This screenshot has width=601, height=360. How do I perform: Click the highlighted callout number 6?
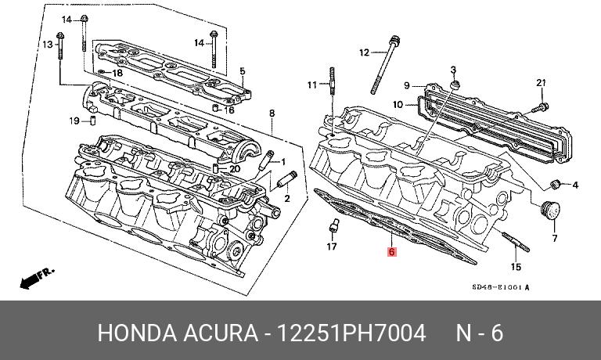pyautogui.click(x=392, y=253)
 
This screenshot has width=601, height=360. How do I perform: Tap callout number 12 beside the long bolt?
pyautogui.click(x=364, y=52)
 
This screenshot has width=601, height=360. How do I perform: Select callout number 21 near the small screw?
pyautogui.click(x=541, y=83)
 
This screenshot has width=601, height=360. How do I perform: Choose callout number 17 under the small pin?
pyautogui.click(x=332, y=247)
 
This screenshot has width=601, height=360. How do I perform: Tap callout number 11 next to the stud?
pyautogui.click(x=311, y=84)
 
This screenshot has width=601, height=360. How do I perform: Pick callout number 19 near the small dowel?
pyautogui.click(x=74, y=121)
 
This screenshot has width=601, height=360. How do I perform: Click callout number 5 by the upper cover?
pyautogui.click(x=243, y=71)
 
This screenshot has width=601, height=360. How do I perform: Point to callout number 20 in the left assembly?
pyautogui.click(x=233, y=168)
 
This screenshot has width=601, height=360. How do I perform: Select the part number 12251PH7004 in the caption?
pyautogui.click(x=348, y=334)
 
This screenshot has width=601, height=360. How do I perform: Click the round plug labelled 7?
pyautogui.click(x=551, y=211)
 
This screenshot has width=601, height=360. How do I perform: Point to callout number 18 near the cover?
pyautogui.click(x=117, y=73)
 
